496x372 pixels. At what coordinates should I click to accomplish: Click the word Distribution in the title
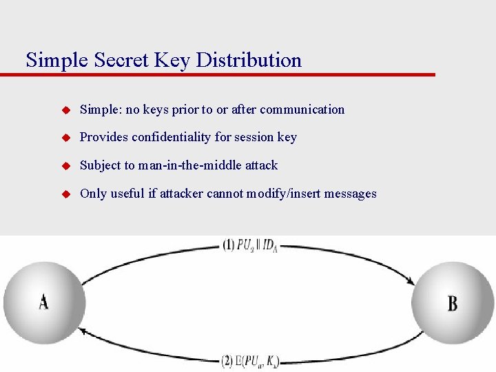(x=249, y=60)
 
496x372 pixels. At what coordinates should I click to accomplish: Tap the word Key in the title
(x=172, y=60)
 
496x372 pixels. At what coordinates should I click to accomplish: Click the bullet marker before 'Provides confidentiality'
(x=67, y=138)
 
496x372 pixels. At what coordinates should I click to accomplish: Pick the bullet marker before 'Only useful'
(x=67, y=194)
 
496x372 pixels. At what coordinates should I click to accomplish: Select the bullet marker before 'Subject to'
(x=67, y=166)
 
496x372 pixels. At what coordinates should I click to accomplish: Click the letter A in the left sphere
(x=43, y=302)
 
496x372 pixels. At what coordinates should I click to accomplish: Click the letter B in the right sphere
(x=453, y=303)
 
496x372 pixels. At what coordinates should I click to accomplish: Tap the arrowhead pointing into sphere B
(x=411, y=281)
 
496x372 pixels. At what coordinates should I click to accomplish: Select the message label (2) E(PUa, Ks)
(x=250, y=360)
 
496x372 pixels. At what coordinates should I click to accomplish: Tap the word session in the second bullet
(x=254, y=137)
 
